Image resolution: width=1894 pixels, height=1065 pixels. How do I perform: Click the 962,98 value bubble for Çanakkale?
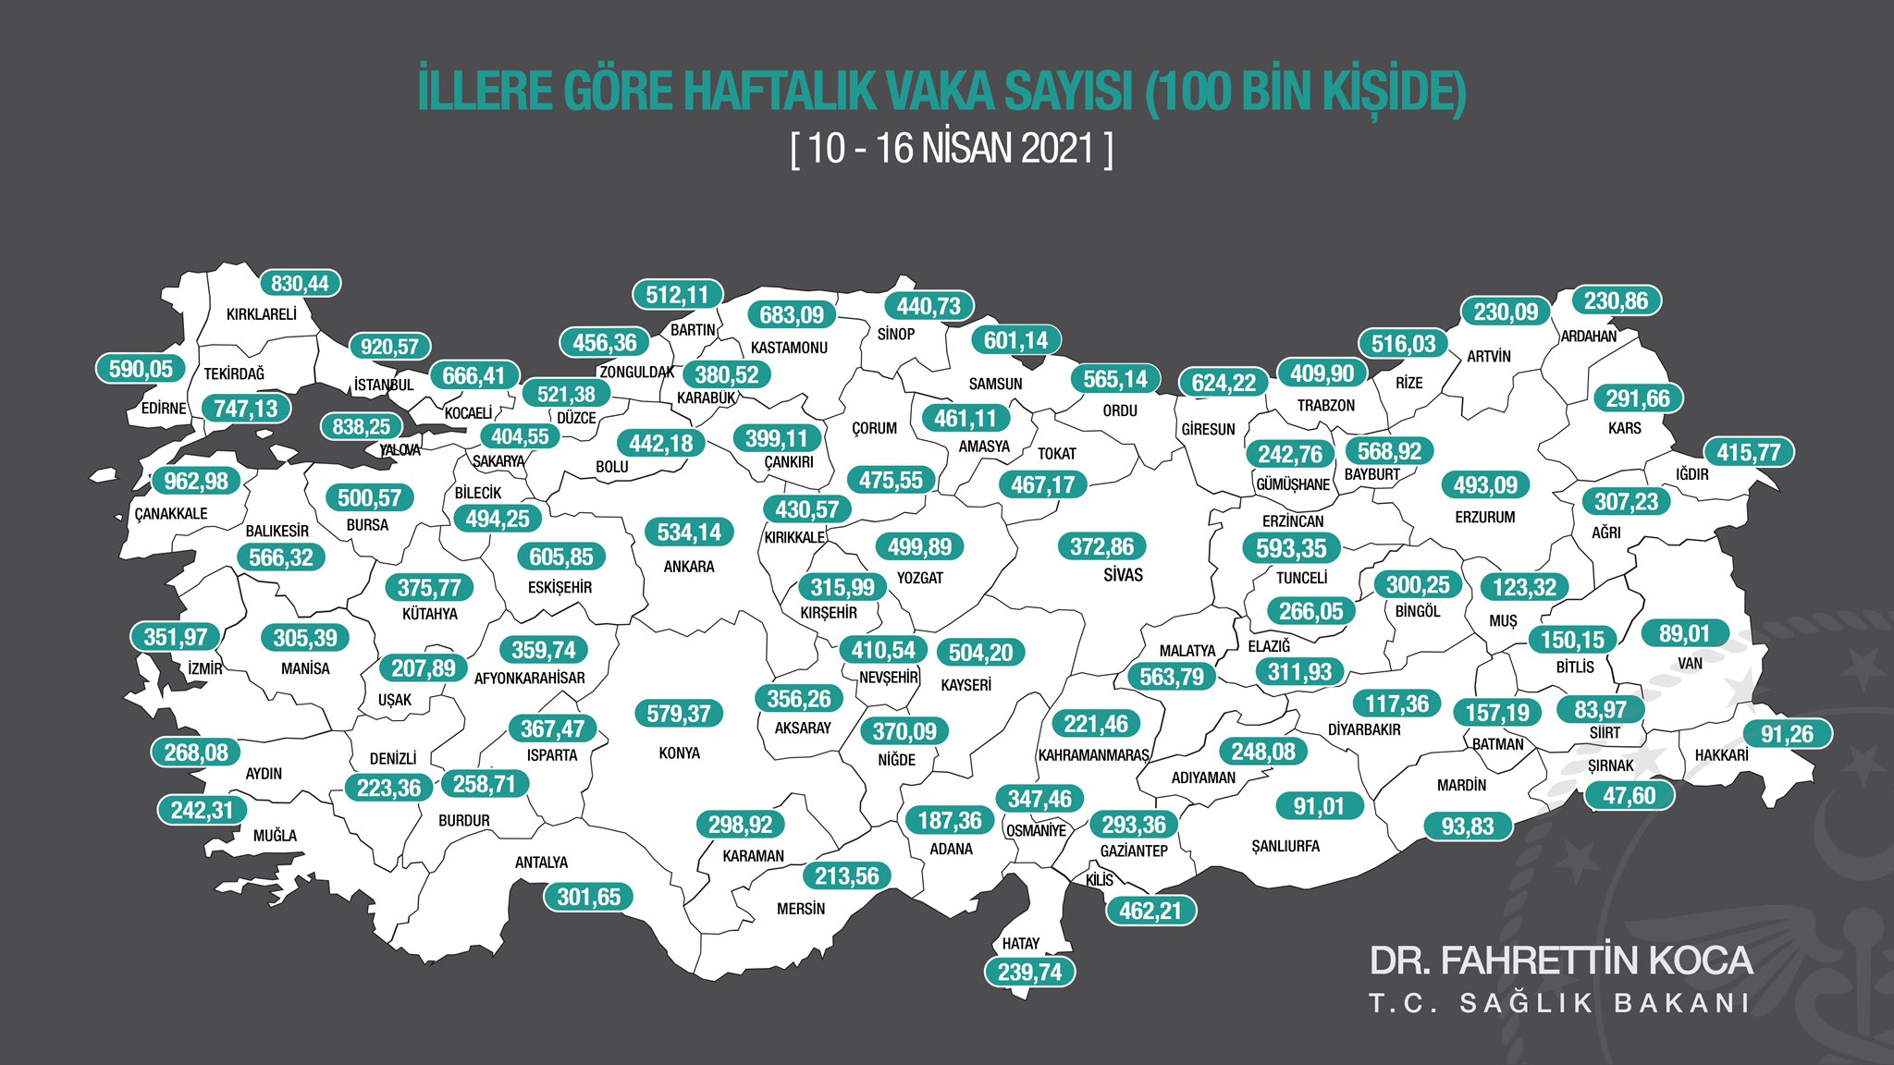(196, 482)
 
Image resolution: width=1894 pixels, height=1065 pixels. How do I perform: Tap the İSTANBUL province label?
(384, 385)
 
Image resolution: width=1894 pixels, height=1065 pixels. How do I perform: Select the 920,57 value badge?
(389, 347)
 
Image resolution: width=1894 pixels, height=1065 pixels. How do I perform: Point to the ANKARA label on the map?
(689, 567)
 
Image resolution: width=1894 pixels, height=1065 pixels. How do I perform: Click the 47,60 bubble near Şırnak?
(1629, 796)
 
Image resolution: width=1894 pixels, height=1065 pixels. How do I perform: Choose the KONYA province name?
(679, 753)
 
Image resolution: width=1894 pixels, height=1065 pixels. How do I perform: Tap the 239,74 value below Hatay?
(1029, 973)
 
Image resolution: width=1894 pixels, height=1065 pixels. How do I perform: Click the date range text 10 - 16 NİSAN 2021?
(952, 149)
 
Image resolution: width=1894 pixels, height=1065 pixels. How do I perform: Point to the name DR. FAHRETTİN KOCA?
(1560, 961)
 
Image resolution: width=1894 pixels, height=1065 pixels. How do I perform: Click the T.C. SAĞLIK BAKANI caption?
(1559, 1004)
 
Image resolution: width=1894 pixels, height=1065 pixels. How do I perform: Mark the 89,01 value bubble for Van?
(1684, 634)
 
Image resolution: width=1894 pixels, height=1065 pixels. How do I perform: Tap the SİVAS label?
(1123, 575)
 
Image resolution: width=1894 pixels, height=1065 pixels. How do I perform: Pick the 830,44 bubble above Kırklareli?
(300, 284)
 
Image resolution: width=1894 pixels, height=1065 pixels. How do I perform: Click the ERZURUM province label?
(1484, 518)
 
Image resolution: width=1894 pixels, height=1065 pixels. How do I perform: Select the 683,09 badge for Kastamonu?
(792, 315)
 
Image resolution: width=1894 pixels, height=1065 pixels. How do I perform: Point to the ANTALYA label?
(541, 863)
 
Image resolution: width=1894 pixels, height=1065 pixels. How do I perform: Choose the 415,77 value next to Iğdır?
(1749, 453)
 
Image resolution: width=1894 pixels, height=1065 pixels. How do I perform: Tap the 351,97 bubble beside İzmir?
(176, 637)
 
